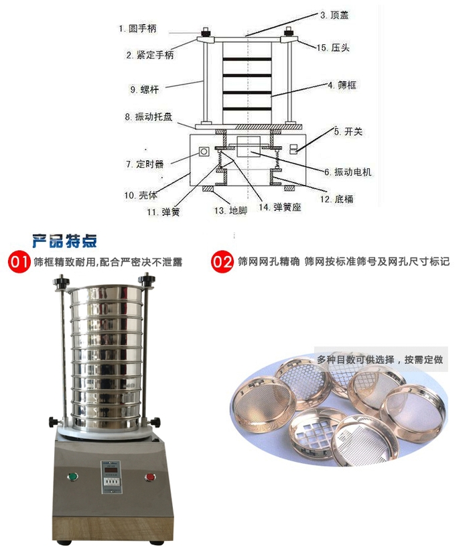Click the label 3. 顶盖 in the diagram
point(334,15)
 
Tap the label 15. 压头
point(333,48)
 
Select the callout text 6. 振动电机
point(348,172)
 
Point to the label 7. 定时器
point(145,164)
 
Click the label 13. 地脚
point(230,210)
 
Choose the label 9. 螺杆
point(145,89)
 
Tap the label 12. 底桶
point(337,199)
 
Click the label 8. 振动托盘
point(149,117)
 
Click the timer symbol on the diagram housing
point(204,152)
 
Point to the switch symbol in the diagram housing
point(293,149)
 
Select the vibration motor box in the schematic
point(249,147)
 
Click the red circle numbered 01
point(19,262)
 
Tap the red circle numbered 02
point(222,261)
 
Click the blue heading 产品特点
point(64,241)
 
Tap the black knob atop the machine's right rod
point(146,278)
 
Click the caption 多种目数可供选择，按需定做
point(379,360)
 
